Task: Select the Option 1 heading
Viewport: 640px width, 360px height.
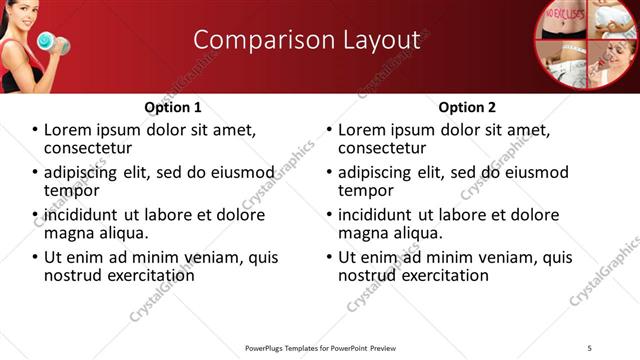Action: (x=173, y=107)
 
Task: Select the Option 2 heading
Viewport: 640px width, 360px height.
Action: (x=467, y=107)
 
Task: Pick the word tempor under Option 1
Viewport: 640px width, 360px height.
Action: (x=71, y=190)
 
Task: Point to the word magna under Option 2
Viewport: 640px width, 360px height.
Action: (x=364, y=233)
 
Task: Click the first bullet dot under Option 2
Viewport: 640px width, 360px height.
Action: (x=329, y=131)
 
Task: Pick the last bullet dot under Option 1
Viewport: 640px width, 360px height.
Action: (x=35, y=258)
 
